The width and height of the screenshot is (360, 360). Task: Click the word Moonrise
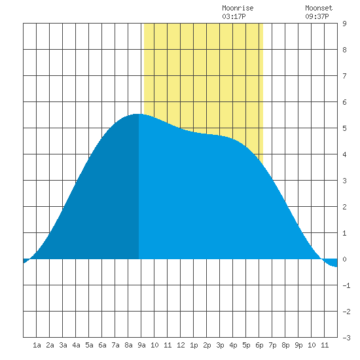[238, 8]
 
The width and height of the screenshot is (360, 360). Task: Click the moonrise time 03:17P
[234, 16]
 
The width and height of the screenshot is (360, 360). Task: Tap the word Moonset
[319, 8]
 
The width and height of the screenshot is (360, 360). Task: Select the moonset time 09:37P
[317, 16]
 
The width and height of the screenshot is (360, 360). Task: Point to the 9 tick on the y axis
[344, 24]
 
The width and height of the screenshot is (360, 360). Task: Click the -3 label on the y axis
[346, 338]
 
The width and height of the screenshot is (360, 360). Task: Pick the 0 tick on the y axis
[344, 259]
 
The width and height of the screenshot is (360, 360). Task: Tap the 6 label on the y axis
[344, 102]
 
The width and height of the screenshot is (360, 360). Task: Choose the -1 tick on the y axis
[346, 285]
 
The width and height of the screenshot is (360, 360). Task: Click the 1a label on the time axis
[37, 345]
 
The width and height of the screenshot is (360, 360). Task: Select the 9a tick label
[141, 345]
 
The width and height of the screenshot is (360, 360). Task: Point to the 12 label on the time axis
[181, 345]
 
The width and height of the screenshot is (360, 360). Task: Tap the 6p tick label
[259, 345]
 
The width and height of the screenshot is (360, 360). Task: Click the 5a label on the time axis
[89, 345]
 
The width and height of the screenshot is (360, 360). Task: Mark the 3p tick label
[220, 345]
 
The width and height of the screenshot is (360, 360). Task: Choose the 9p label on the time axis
[298, 345]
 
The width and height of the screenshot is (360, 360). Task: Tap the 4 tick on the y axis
[344, 154]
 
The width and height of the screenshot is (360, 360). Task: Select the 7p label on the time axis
[272, 345]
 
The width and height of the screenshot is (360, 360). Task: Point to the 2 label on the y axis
[344, 207]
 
